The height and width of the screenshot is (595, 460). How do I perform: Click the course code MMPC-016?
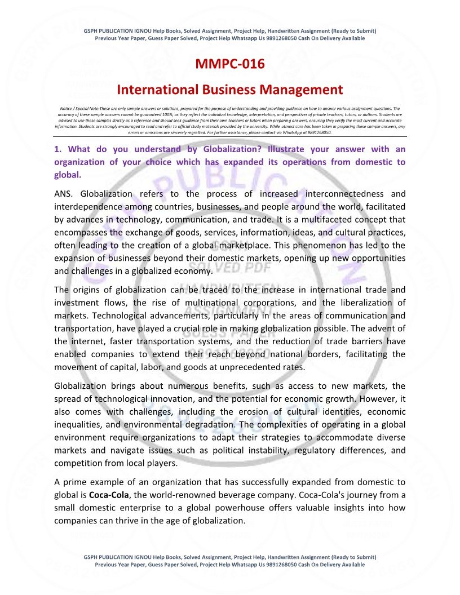(x=229, y=64)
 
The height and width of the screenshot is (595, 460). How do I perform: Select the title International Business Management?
(x=229, y=90)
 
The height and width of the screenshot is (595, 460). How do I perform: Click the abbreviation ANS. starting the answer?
(x=65, y=193)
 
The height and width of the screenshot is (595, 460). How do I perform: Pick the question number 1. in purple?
(x=57, y=149)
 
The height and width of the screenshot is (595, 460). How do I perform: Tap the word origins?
(x=88, y=290)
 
